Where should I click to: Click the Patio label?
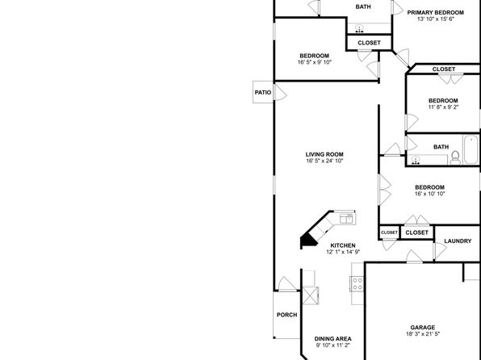[263, 92]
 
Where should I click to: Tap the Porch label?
[287, 315]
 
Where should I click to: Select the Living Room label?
[324, 154]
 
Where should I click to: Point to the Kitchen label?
[343, 245]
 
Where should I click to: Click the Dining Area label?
[333, 339]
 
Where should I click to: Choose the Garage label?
[423, 328]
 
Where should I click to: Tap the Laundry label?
[458, 241]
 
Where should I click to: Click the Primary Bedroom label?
[435, 13]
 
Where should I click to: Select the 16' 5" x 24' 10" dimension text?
[324, 161]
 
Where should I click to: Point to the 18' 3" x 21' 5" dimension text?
[423, 334]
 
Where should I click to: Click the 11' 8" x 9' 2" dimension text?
[443, 107]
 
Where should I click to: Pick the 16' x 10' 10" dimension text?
[429, 194]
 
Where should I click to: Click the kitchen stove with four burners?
[357, 283]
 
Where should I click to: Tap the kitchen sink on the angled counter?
[346, 219]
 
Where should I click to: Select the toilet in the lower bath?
[455, 157]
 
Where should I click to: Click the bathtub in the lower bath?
[471, 150]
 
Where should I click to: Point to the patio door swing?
[280, 92]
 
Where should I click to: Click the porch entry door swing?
[287, 283]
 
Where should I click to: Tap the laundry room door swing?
[440, 251]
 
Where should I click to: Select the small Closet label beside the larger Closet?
[389, 232]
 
